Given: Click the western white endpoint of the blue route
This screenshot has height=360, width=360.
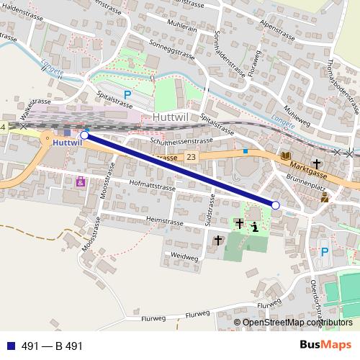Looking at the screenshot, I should tap(84, 135).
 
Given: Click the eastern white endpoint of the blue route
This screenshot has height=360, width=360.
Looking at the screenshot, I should tap(275, 205).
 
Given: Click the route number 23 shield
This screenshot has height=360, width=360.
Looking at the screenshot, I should tap(191, 157).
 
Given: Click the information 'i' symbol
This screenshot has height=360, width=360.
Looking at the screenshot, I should tap(255, 228).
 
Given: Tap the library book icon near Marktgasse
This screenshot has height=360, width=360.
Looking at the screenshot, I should tap(286, 156).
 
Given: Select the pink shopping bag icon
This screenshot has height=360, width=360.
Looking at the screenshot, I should tap(80, 181).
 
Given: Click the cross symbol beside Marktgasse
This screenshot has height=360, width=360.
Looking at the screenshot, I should tap(316, 165).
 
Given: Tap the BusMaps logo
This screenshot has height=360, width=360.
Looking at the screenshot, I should tap(327, 345).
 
